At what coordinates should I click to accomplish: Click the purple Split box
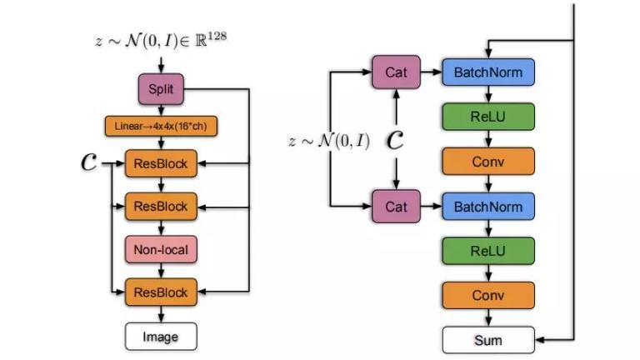tap(161, 89)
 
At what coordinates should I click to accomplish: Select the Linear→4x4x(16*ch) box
tap(161, 126)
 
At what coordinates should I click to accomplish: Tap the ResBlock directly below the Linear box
tap(161, 163)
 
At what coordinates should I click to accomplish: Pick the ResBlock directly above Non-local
tap(161, 207)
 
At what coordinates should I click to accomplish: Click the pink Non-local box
tap(161, 249)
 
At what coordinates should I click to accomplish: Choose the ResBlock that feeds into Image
tap(161, 292)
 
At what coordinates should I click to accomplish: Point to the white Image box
tap(161, 337)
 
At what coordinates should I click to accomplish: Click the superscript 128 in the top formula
tap(217, 36)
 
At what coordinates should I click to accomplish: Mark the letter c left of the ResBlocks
tap(89, 162)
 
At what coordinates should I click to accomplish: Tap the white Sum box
tap(488, 340)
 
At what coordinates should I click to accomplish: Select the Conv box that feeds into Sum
tap(488, 295)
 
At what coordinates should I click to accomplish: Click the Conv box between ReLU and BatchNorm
tap(488, 162)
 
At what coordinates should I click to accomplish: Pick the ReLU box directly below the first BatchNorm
tap(488, 117)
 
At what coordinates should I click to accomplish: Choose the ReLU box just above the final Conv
tap(488, 251)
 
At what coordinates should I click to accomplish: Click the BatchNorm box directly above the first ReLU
tap(488, 72)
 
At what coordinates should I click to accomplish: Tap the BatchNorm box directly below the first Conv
tap(488, 207)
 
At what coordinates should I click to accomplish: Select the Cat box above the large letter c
tap(396, 72)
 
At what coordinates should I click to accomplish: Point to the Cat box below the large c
tap(396, 207)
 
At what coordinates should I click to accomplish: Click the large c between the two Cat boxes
tap(395, 140)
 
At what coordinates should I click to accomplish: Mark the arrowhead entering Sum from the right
tap(540, 340)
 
